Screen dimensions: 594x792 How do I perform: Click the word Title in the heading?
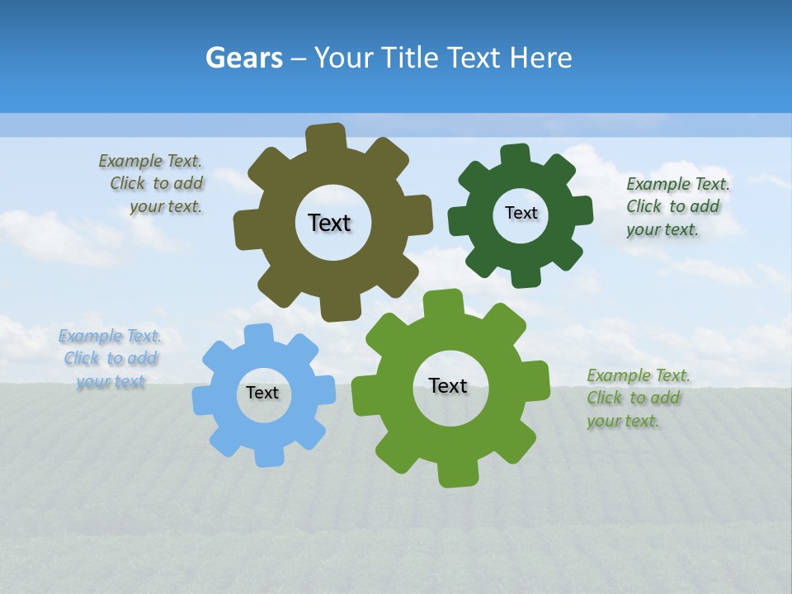coord(411,58)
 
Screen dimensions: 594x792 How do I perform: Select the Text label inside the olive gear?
coord(329,223)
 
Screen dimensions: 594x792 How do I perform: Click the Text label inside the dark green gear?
coord(521,213)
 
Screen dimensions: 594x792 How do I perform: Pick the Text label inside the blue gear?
coord(262,394)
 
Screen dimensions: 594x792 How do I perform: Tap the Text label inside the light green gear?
coord(448,385)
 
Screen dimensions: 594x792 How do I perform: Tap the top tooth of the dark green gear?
coord(516,155)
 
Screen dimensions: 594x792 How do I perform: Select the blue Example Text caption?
coord(111,359)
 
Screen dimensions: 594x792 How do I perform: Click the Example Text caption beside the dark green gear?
coord(676,206)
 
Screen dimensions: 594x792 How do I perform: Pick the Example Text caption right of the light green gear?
coord(637,398)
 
